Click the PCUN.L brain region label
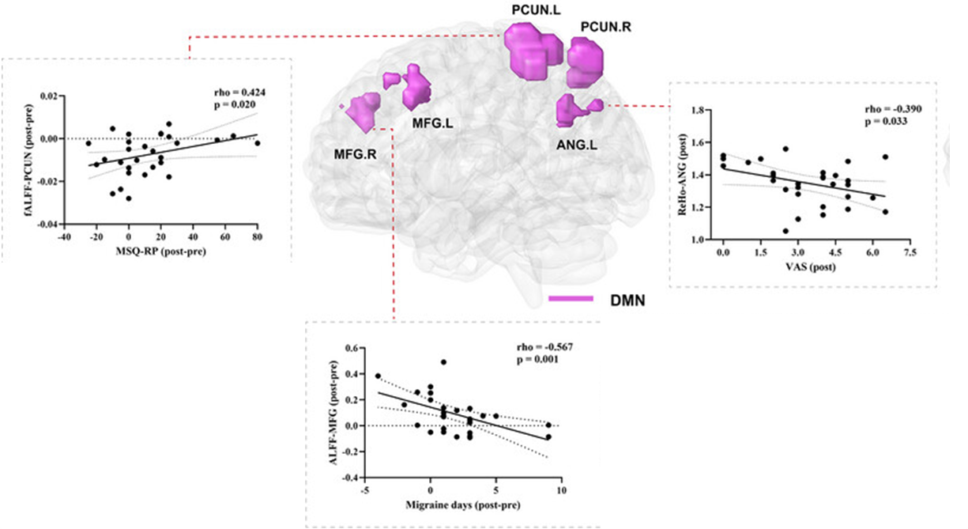[x=534, y=10]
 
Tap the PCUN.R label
[x=606, y=27]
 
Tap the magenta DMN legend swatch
[x=571, y=299]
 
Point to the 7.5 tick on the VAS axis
[x=910, y=252]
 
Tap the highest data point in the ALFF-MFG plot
[x=443, y=362]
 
